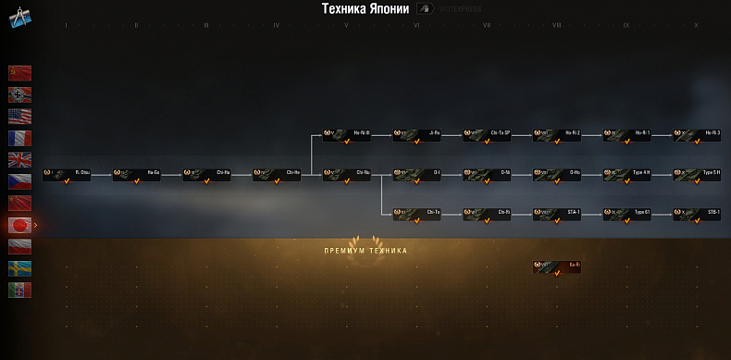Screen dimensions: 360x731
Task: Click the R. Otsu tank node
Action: (67, 174)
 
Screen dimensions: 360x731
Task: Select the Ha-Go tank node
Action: (137, 174)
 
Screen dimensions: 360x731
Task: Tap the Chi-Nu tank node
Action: (347, 174)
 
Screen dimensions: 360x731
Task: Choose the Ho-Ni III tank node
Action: (347, 135)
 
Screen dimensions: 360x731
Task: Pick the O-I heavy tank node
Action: (417, 174)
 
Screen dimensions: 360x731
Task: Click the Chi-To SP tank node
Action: (488, 135)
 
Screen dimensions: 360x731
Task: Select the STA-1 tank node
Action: (557, 214)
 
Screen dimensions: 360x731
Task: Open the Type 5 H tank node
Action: (697, 174)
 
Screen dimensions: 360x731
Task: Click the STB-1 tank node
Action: (697, 214)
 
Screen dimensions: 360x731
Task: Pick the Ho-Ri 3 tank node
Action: (697, 135)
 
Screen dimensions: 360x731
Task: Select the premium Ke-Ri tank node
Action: (557, 267)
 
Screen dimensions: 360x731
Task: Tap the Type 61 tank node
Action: (627, 214)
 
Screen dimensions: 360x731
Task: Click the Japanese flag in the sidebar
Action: (20, 224)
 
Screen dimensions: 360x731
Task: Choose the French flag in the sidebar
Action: (20, 137)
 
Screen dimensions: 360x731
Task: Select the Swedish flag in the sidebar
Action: (20, 267)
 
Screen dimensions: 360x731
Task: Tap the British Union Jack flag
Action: (20, 159)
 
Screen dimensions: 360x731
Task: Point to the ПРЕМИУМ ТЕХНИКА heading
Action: (365, 251)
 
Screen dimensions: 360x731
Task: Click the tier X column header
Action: (696, 25)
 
